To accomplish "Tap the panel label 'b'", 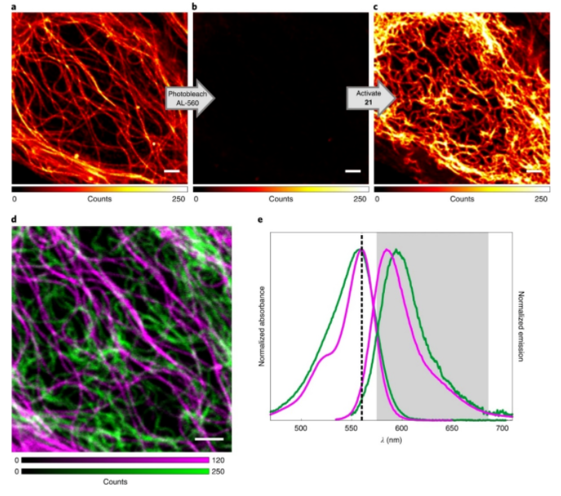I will tap(195, 7).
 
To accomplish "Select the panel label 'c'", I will tap(376, 7).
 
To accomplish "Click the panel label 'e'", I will tap(259, 219).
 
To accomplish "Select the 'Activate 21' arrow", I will tap(369, 99).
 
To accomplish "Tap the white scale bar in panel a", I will tap(171, 171).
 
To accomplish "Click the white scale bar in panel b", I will tap(352, 171).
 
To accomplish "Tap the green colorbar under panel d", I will tap(122, 471).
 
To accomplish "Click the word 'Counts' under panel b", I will tap(280, 198).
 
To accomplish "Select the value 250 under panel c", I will tap(541, 198).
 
